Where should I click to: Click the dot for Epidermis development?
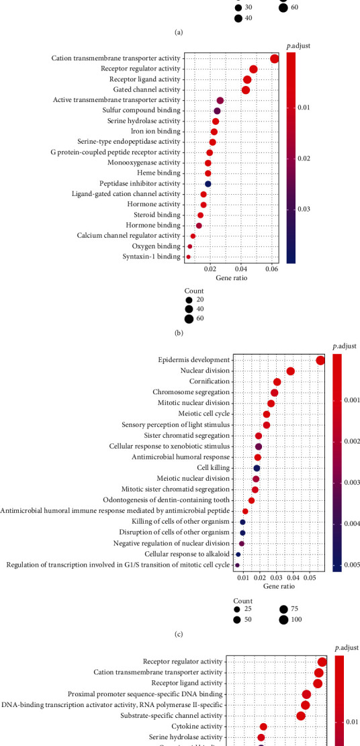(320, 361)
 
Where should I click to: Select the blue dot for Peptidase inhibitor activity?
(208, 184)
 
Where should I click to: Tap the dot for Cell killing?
(257, 468)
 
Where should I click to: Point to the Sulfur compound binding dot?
(217, 111)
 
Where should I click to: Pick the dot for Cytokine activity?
(263, 727)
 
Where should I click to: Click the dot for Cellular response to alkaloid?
(238, 555)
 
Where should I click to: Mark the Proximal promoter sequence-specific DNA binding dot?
(307, 694)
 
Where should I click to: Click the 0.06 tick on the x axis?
(272, 269)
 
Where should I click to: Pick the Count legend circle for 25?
(238, 608)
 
